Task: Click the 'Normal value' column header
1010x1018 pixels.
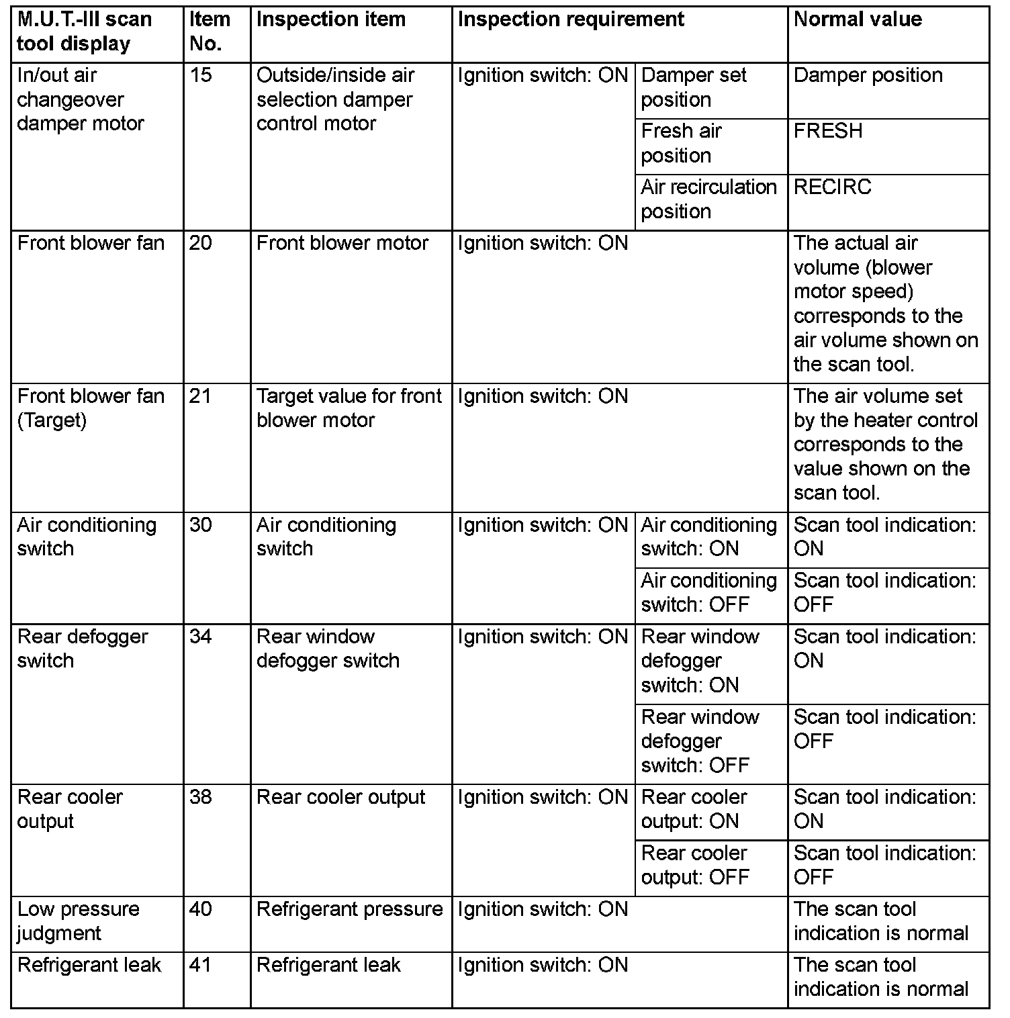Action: pyautogui.click(x=858, y=19)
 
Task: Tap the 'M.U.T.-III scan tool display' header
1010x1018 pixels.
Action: pyautogui.click(x=84, y=32)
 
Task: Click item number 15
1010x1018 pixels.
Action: pyautogui.click(x=201, y=75)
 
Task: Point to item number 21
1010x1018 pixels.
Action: pyautogui.click(x=201, y=396)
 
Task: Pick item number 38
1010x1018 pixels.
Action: pyautogui.click(x=201, y=797)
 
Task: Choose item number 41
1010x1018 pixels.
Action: pyautogui.click(x=201, y=965)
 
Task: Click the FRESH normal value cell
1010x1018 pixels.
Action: pyautogui.click(x=828, y=131)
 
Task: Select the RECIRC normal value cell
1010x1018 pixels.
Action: pyautogui.click(x=832, y=187)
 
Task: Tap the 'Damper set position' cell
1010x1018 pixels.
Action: pyautogui.click(x=694, y=87)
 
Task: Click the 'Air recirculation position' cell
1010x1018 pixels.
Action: pyautogui.click(x=708, y=199)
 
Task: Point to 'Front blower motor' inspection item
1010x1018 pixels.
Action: pyautogui.click(x=342, y=243)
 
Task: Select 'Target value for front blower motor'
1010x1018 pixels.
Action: pyautogui.click(x=349, y=408)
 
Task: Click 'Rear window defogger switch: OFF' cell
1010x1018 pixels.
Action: pyautogui.click(x=700, y=741)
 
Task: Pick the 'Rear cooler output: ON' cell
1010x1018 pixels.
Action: pyautogui.click(x=694, y=809)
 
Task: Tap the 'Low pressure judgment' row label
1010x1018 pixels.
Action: pyautogui.click(x=79, y=921)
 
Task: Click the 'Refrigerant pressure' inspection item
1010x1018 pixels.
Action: pyautogui.click(x=350, y=909)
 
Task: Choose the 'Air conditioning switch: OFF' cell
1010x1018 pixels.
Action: pyautogui.click(x=708, y=593)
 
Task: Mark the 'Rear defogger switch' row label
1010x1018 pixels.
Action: pyautogui.click(x=83, y=649)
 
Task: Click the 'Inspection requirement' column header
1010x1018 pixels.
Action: pyautogui.click(x=571, y=19)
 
